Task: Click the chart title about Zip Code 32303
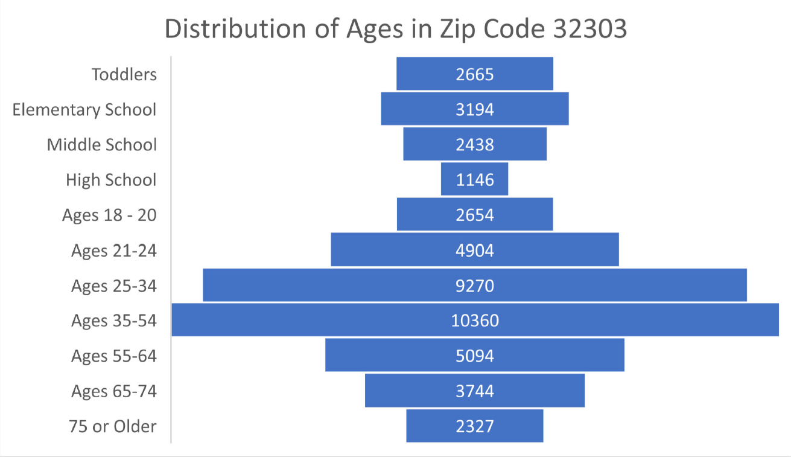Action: pos(395,29)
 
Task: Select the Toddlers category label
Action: pos(124,74)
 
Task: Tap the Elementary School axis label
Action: pos(84,110)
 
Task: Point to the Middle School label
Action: pos(101,145)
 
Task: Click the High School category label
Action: pos(111,180)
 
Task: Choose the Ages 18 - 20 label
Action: pos(109,216)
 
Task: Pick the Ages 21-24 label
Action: pos(113,251)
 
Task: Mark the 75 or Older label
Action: pos(113,426)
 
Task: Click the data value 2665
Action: pos(475,74)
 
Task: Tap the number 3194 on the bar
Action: pos(475,110)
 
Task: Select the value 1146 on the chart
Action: pos(475,180)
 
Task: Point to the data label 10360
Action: pos(475,321)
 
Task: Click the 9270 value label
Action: pos(475,286)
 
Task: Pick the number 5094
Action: pos(475,356)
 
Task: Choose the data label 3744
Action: pos(475,391)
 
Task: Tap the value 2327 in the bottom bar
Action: pos(475,426)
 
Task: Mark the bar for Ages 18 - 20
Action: pos(422,214)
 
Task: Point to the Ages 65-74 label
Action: pos(113,391)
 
